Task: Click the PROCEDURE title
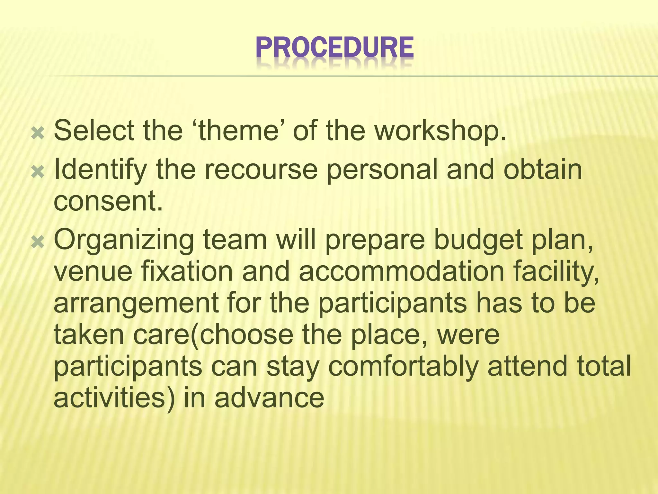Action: (335, 48)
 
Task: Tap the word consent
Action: (108, 201)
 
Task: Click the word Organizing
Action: (124, 241)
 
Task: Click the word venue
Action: (93, 272)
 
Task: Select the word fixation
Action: (187, 272)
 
